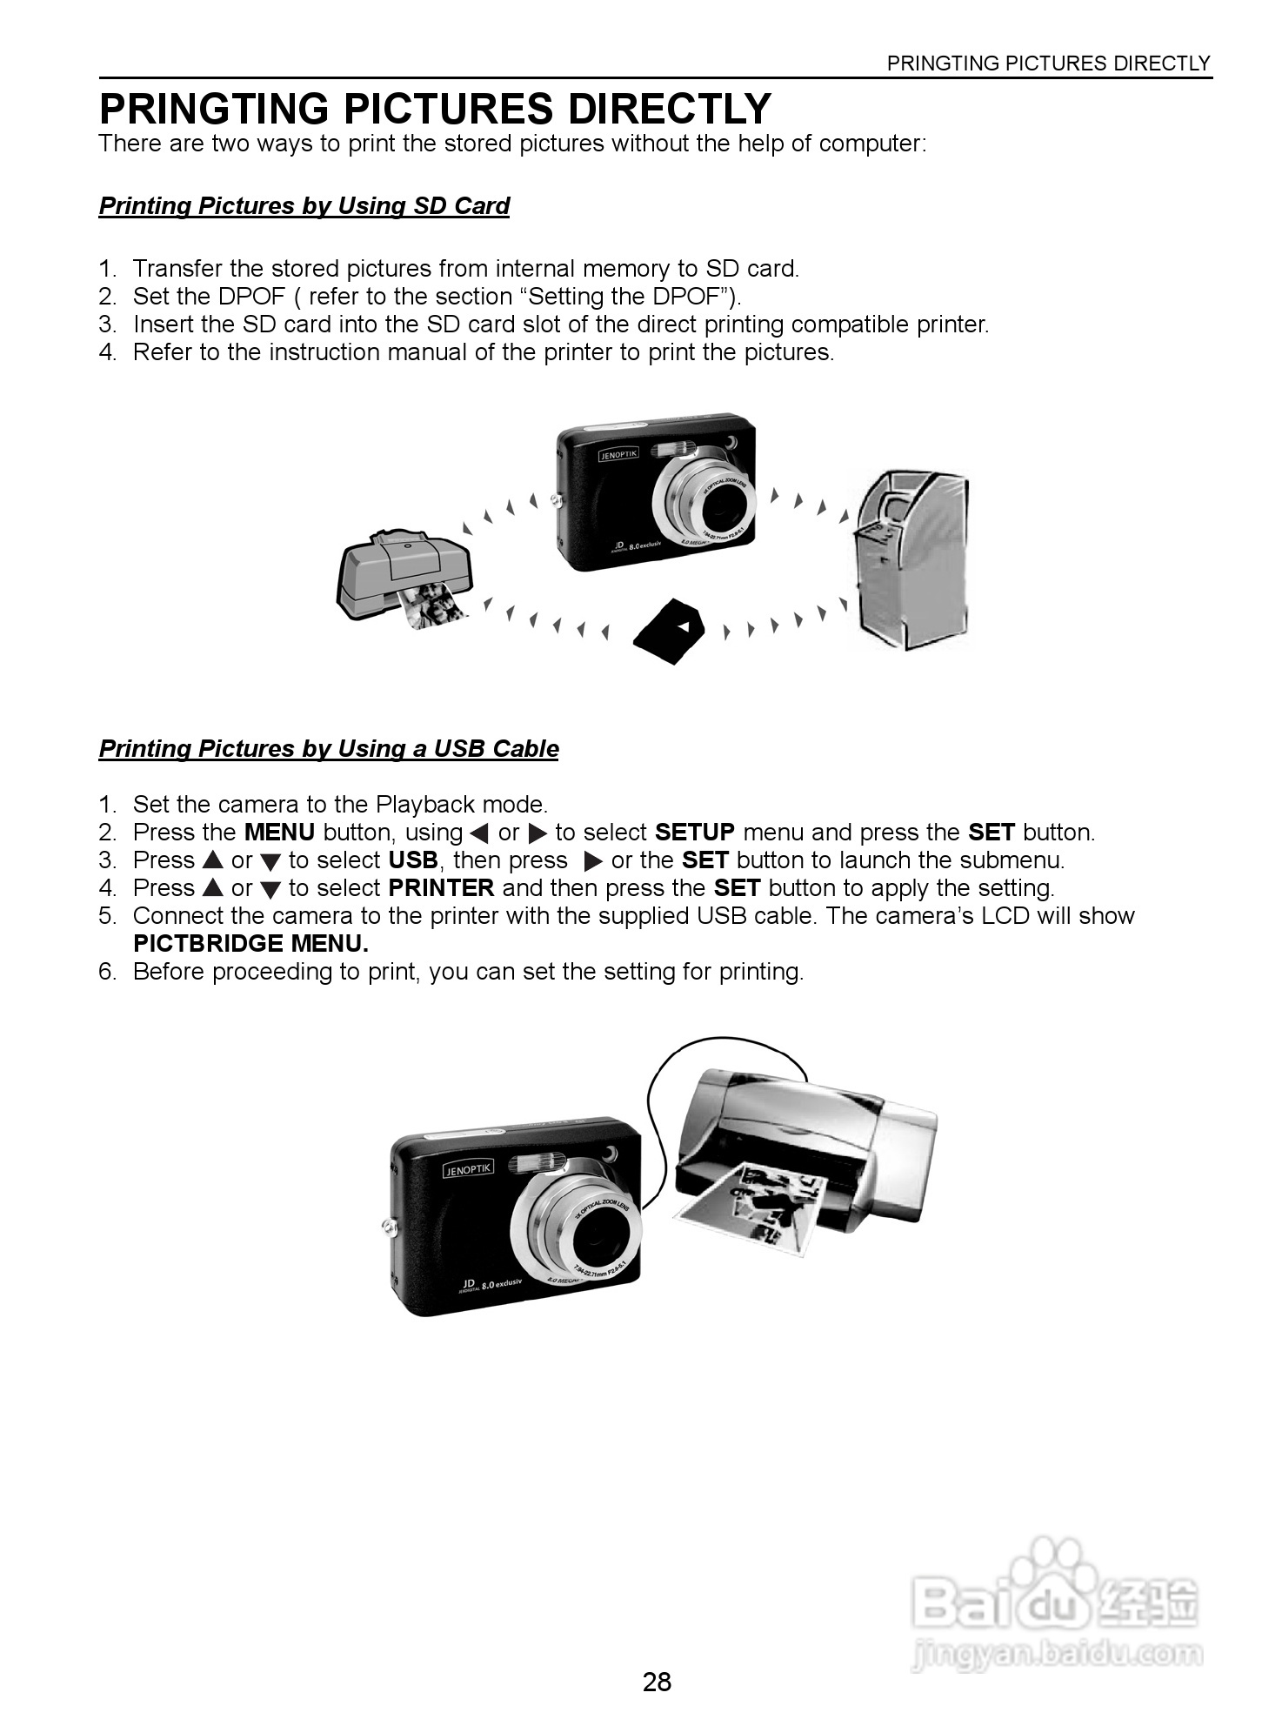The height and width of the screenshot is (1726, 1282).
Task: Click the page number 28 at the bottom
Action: tap(657, 1681)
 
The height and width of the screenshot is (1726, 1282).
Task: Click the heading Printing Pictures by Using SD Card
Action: tap(304, 206)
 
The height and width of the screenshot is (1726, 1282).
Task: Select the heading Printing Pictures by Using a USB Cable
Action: tap(328, 749)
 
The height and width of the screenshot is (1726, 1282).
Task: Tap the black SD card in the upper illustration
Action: tap(668, 631)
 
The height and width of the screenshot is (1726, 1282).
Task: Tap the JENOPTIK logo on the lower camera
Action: tap(469, 1170)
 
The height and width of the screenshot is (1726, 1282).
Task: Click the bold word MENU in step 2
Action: tap(279, 833)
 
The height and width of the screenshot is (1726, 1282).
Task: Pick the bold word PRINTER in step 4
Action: tap(441, 888)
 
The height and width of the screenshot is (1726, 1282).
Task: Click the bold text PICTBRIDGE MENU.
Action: tap(250, 944)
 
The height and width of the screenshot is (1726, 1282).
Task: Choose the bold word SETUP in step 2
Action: tap(694, 833)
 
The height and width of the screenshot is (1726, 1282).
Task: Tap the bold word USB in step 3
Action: tap(413, 860)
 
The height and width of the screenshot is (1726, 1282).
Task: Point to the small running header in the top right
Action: tap(1048, 64)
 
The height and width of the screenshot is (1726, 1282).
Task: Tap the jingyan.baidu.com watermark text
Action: tap(1057, 1652)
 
